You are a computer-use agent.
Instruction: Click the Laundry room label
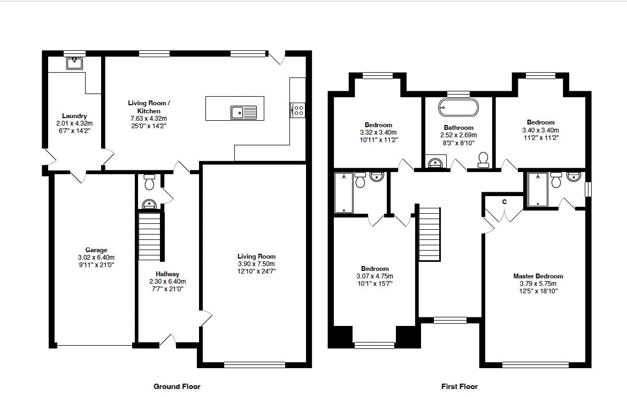coord(74,116)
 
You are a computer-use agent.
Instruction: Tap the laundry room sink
coord(75,64)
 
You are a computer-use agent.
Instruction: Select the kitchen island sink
coord(244,112)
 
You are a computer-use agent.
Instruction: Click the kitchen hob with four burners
coord(298,111)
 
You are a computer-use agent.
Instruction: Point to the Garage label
coord(96,250)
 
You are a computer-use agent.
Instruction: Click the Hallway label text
coord(167,274)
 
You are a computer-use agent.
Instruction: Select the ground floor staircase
coord(150,237)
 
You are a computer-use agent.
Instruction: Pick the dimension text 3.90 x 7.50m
coord(256,264)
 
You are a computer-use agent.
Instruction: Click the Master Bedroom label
coord(538,276)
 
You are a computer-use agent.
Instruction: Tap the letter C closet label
coord(504,201)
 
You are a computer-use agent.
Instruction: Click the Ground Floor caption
coord(177,386)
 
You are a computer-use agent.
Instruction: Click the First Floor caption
coord(460,386)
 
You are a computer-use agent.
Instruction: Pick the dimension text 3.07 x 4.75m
coord(374,276)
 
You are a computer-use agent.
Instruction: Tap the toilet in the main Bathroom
coord(484,159)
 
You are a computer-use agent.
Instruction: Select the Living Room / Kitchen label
coord(149,107)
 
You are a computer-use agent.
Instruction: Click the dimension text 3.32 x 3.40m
coord(379,132)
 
